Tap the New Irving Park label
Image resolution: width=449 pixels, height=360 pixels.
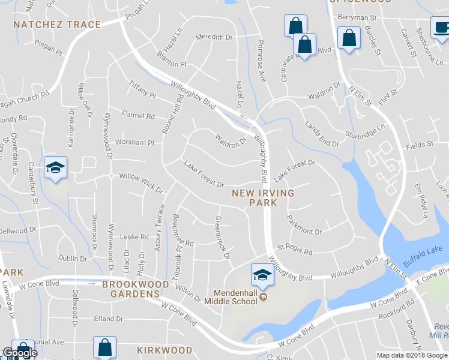(264, 198)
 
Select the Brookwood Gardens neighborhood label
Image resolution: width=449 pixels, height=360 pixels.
(135, 289)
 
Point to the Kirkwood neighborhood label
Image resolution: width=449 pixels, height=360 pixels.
(164, 350)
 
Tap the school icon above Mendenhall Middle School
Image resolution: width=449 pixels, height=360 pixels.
(262, 275)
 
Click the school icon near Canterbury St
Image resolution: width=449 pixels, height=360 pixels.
(55, 167)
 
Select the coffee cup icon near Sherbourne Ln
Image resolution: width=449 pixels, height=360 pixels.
(439, 27)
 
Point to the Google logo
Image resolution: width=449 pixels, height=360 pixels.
(19, 353)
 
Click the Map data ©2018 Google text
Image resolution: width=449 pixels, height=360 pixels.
(412, 355)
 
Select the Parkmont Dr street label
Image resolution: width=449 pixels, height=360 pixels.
(304, 231)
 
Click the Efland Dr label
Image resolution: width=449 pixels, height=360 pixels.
(108, 319)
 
